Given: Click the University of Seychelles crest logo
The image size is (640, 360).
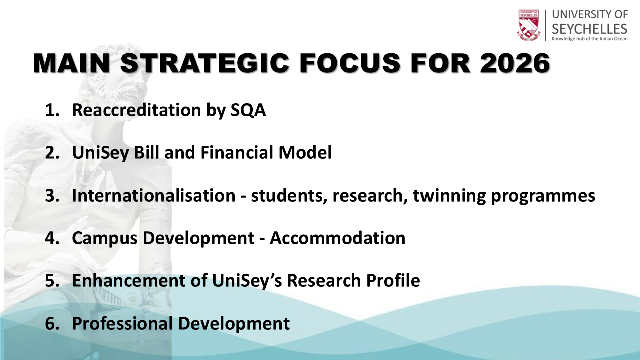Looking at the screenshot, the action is point(529,25).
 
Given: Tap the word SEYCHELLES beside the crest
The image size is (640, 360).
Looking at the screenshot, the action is point(589,29).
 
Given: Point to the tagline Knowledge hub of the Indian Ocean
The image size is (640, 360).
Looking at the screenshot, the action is point(589,39).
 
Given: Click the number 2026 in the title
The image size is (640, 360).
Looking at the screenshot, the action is point(515,63).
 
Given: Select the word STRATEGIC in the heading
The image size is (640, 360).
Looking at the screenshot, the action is point(205,63).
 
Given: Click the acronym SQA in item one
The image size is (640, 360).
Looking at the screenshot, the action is point(248,110).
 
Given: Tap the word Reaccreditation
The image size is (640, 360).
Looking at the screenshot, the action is point(136,110).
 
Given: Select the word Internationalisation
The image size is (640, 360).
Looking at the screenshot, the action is point(153,195).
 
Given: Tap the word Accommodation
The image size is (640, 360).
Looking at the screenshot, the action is point(337,238).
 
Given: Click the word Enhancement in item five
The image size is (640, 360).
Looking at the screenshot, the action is point(129,280).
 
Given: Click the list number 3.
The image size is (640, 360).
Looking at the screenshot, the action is point(52,196).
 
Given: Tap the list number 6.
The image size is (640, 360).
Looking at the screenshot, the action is point(52,323).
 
